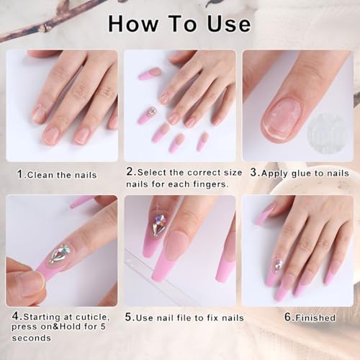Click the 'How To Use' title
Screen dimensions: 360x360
coord(179,24)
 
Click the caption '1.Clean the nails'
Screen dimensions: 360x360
coord(58,174)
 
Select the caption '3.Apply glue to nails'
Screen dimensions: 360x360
coord(300,173)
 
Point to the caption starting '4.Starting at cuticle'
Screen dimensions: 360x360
coord(60,322)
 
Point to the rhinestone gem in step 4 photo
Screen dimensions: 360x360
coord(58,253)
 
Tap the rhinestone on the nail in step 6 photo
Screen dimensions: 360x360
coord(278,264)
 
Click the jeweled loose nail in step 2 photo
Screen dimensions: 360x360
coord(150,114)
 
